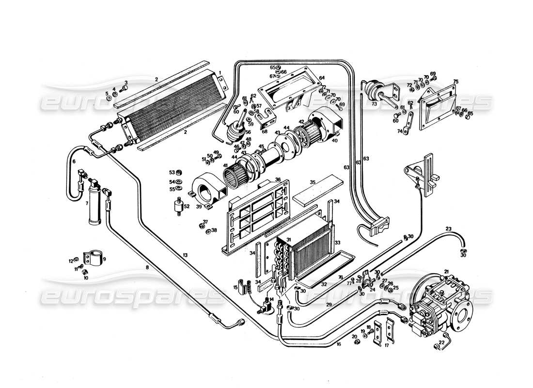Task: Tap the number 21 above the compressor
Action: point(446,271)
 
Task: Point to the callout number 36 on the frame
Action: point(278,179)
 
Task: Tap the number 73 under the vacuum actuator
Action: point(374,104)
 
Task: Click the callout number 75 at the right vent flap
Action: point(455,81)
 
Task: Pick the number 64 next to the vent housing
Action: point(321,78)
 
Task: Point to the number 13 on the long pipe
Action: point(185,255)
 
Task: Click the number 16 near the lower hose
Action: point(338,344)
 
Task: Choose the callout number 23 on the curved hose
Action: point(449,228)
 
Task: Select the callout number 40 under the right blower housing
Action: point(334,141)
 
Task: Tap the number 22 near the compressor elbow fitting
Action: point(441,342)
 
